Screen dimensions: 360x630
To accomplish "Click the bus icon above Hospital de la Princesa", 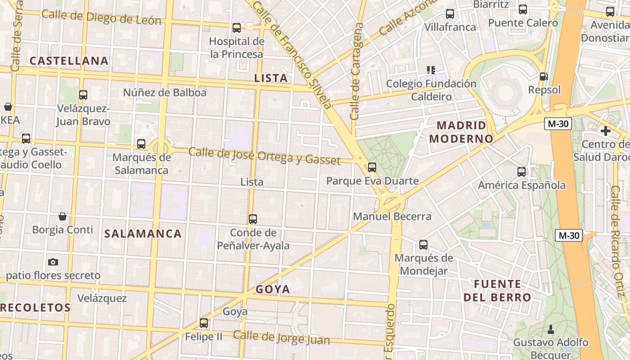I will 237,28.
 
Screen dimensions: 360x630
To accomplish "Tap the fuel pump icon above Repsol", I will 544,77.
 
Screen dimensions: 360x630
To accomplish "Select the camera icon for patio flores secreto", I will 53,262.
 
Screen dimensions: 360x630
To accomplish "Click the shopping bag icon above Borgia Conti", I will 63,216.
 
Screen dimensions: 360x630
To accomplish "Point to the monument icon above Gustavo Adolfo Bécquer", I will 550,329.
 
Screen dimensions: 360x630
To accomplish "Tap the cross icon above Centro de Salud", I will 606,131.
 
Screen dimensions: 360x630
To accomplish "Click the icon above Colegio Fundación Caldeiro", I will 431,70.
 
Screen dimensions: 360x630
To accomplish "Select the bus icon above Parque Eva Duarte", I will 372,167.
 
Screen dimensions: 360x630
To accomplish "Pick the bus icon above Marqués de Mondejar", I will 423,245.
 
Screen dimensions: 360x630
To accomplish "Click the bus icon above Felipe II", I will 204,323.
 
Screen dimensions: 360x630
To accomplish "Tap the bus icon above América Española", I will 522,171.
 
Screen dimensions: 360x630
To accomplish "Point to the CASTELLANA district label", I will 69,61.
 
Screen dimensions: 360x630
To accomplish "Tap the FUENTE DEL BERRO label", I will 497,291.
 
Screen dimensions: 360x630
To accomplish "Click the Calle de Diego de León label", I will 101,18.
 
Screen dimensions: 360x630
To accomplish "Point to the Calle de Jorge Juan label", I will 281,338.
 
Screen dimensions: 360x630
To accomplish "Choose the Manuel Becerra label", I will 392,216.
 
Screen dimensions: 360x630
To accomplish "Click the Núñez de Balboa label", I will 165,93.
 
